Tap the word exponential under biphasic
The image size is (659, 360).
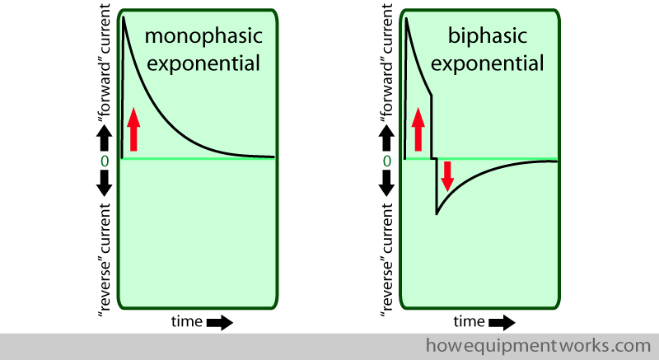(487, 63)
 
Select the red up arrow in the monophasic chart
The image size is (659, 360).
(134, 129)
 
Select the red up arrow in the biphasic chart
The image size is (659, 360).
(418, 129)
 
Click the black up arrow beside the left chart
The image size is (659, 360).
(105, 134)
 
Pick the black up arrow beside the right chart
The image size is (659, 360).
(387, 134)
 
